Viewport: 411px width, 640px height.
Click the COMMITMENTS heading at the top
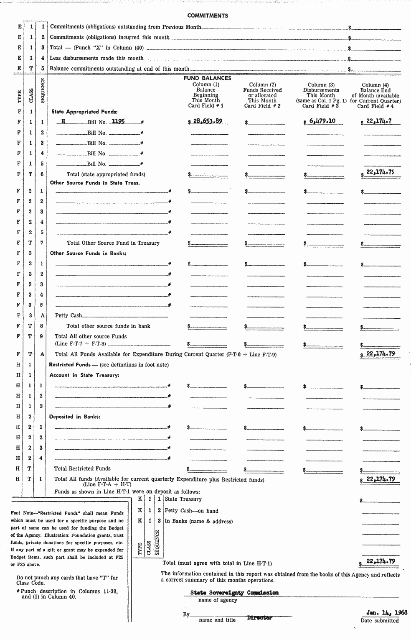pyautogui.click(x=208, y=15)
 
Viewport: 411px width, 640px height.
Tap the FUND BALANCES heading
pyautogui.click(x=207, y=78)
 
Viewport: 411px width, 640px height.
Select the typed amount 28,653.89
pyautogui.click(x=208, y=121)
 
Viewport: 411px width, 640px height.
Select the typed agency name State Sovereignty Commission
pyautogui.click(x=234, y=593)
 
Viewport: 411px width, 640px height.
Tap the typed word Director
pyautogui.click(x=259, y=617)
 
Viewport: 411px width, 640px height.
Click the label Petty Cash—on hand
pyautogui.click(x=191, y=511)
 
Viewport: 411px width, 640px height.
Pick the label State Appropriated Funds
pyautogui.click(x=84, y=112)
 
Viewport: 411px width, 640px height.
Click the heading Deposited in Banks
pyautogui.click(x=74, y=417)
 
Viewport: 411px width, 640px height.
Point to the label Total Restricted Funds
pyautogui.click(x=82, y=468)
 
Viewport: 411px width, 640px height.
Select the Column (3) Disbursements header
pyautogui.click(x=321, y=95)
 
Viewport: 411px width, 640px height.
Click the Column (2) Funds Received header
pyautogui.click(x=262, y=95)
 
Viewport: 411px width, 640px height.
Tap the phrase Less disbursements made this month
pyautogui.click(x=96, y=58)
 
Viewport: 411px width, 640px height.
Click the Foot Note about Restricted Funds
pyautogui.click(x=67, y=538)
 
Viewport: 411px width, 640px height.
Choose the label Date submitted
pyautogui.click(x=380, y=621)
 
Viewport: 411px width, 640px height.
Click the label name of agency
pyautogui.click(x=218, y=600)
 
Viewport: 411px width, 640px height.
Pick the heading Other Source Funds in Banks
pyautogui.click(x=88, y=253)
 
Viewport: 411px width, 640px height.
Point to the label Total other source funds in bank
pyautogui.click(x=108, y=326)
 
